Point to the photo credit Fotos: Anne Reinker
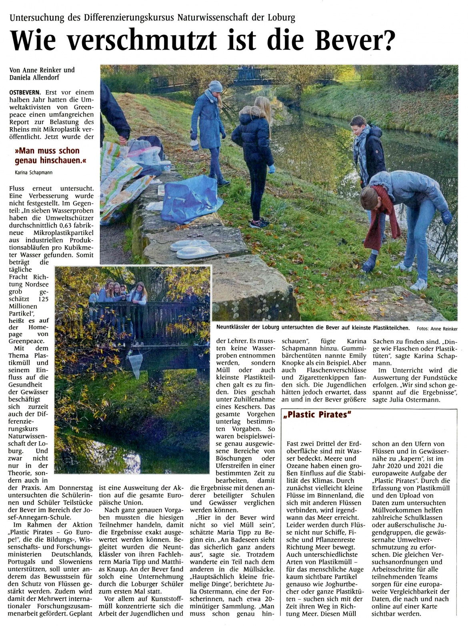(x=437, y=329)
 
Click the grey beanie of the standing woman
(x=215, y=86)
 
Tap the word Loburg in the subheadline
(x=282, y=18)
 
